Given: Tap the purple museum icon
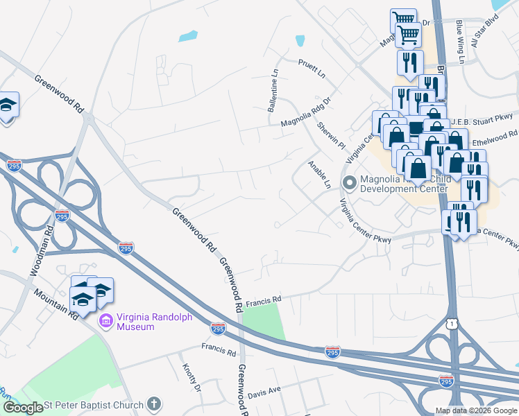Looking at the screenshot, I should click(x=106, y=320).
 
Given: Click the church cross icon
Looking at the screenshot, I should click(x=154, y=404).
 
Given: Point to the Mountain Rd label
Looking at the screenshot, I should click(x=63, y=306).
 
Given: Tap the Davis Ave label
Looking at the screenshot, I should click(x=264, y=391).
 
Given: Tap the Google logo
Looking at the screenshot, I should click(x=23, y=407).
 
